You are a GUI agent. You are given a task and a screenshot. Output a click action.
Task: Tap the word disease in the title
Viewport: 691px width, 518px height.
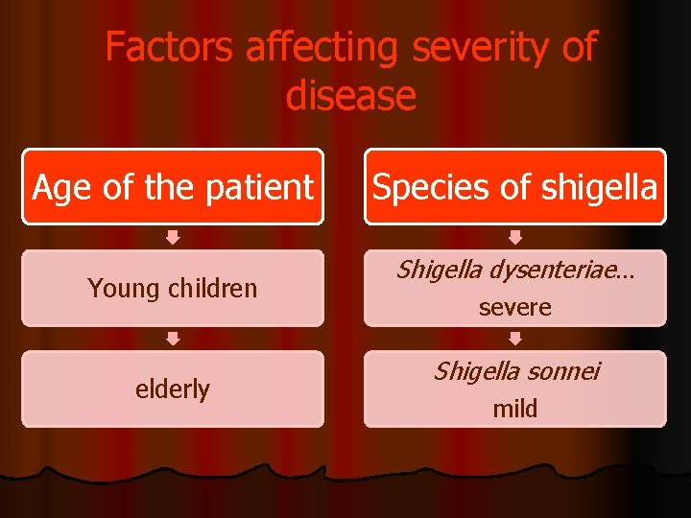coord(351,96)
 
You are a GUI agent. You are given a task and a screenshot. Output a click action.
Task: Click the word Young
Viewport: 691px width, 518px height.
coord(122,288)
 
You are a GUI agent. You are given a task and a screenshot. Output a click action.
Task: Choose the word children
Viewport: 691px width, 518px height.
coord(209,288)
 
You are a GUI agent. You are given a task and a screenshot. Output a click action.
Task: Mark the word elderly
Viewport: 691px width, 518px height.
coord(173,388)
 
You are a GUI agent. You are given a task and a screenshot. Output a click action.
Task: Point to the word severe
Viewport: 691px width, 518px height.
coord(515,308)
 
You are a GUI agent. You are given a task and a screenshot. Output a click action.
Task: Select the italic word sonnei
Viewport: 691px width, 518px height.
coord(560,371)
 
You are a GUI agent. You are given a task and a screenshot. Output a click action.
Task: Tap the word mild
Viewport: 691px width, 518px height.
coord(515,409)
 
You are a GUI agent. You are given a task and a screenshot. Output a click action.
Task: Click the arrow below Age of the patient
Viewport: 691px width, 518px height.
coord(173,237)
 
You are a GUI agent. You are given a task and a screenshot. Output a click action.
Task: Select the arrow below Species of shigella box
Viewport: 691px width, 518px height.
coord(515,237)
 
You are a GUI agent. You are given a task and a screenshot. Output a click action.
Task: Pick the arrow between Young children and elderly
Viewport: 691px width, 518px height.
coord(173,338)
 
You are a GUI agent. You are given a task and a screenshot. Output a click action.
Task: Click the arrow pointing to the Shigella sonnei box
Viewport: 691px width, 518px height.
coord(515,338)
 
